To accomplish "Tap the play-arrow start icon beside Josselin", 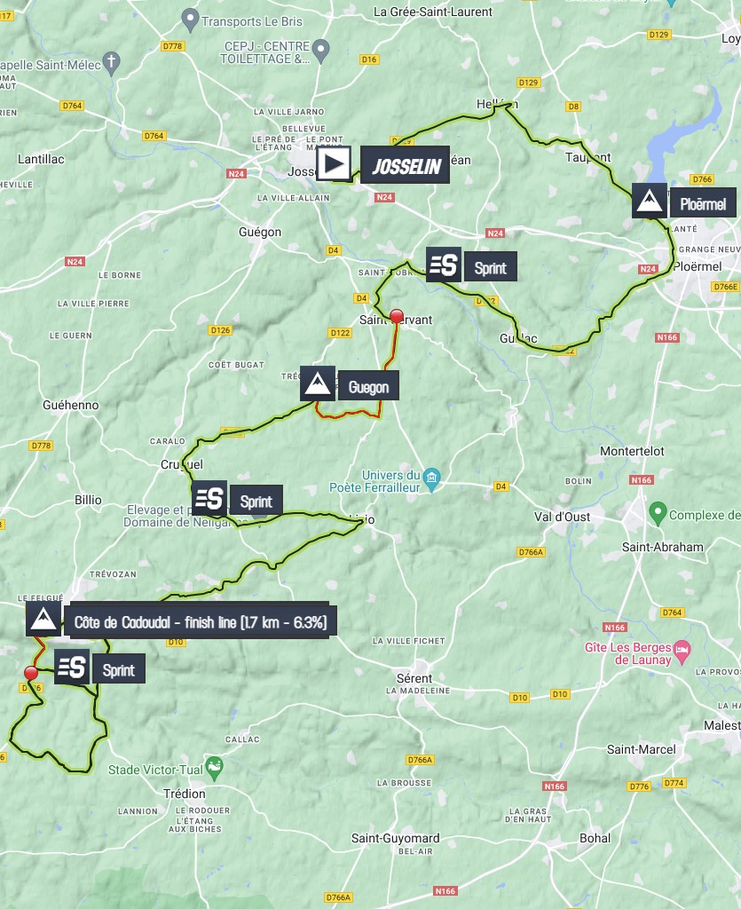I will (x=335, y=164).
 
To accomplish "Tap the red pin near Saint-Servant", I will (x=397, y=316).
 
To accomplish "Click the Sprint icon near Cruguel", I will (x=210, y=498).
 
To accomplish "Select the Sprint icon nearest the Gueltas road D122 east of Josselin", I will (x=444, y=264).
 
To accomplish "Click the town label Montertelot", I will (x=633, y=451).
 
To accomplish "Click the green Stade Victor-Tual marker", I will (x=214, y=765).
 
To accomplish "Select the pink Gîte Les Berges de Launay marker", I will (x=682, y=650).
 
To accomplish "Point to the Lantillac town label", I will (x=41, y=159).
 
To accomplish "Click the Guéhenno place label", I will (x=70, y=405).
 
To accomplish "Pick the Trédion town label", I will (x=185, y=794).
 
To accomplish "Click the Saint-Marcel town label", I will (x=641, y=749).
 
